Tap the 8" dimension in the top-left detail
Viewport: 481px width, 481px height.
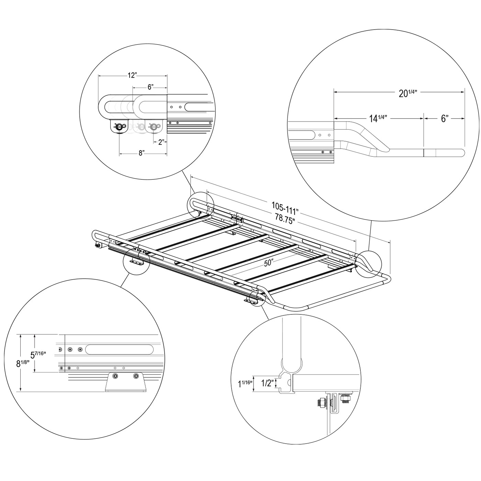click(142, 153)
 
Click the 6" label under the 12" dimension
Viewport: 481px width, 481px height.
click(150, 87)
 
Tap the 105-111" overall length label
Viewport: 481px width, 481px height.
click(285, 208)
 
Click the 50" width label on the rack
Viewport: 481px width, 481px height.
click(269, 263)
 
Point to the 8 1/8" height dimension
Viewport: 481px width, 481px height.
click(23, 363)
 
